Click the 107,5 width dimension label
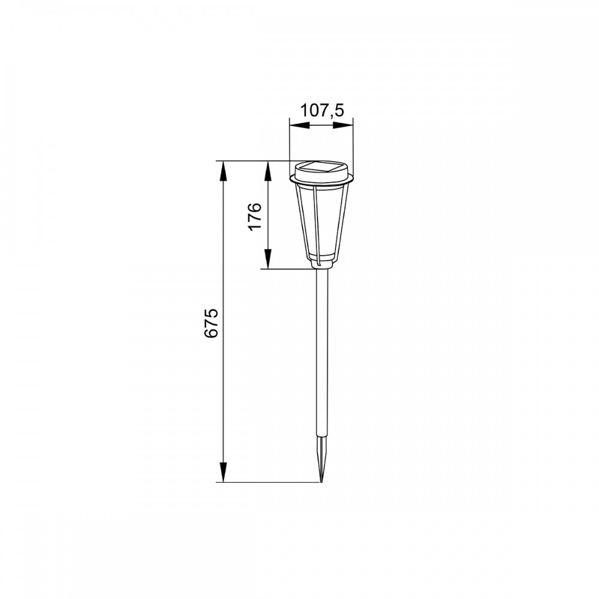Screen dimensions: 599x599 tap(322, 110)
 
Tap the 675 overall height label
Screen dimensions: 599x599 tap(211, 323)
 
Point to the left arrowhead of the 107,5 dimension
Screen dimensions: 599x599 tap(299, 125)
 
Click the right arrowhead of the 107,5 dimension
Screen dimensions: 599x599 tap(343, 125)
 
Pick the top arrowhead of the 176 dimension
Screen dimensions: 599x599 tap(268, 171)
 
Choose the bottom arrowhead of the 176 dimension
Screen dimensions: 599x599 tap(268, 259)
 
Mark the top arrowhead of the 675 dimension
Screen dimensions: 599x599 tap(223, 171)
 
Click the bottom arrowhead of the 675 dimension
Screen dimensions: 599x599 tap(223, 472)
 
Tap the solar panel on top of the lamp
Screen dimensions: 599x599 tap(321, 167)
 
